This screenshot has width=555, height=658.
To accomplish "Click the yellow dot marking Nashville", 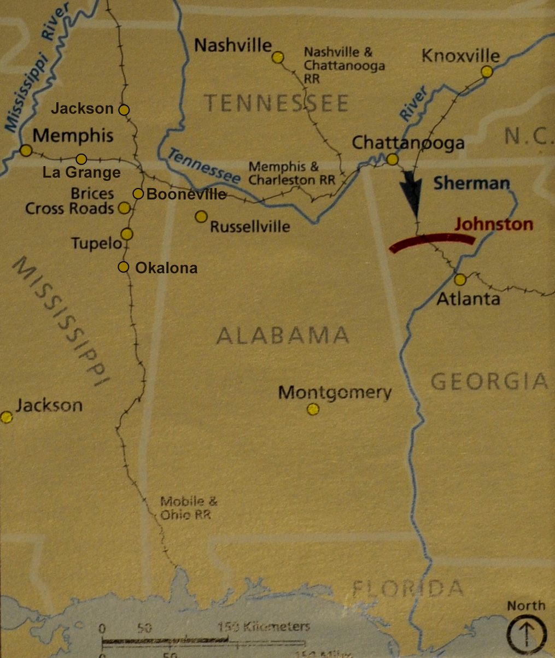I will (278, 57).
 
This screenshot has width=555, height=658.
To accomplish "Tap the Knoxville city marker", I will (487, 72).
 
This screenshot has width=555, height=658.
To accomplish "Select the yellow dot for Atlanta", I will (460, 280).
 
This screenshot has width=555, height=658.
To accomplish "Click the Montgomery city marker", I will (313, 409).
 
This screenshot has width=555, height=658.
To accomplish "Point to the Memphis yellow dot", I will (26, 150).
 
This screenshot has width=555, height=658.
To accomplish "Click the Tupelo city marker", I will (127, 234).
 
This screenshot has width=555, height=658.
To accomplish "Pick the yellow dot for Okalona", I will (124, 267).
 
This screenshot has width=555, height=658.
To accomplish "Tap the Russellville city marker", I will (201, 217).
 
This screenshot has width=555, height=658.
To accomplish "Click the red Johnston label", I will (493, 224).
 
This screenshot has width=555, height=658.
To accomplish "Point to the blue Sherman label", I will (471, 184).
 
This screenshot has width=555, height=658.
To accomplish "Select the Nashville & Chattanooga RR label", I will (344, 65).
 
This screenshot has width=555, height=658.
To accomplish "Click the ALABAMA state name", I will (282, 335).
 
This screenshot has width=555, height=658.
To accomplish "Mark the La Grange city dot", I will (81, 159).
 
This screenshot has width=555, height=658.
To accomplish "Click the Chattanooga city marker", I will (393, 160).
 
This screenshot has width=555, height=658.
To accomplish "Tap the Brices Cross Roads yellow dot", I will (124, 208).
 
